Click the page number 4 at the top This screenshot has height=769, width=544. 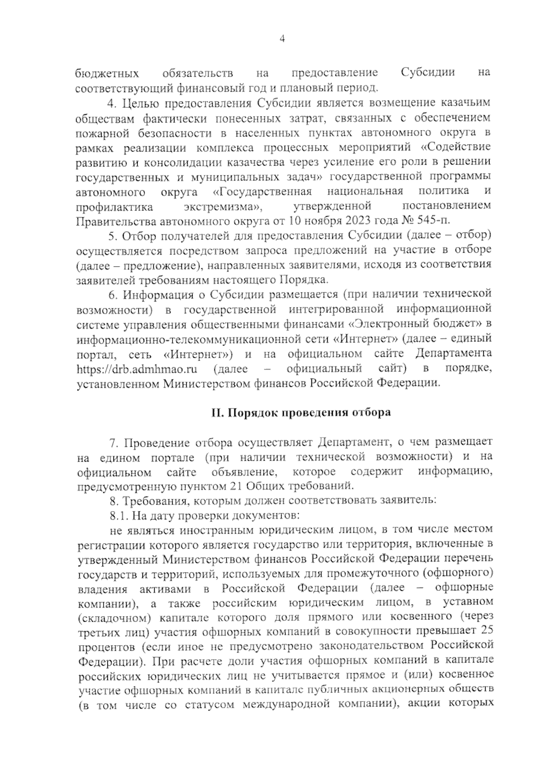(x=282, y=39)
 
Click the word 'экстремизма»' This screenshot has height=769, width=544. (x=223, y=206)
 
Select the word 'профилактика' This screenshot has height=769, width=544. (x=114, y=207)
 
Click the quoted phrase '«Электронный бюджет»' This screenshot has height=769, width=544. (x=417, y=324)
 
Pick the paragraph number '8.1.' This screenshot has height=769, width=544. (x=119, y=516)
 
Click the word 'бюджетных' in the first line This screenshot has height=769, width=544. (x=107, y=73)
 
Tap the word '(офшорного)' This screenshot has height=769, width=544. (x=458, y=572)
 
